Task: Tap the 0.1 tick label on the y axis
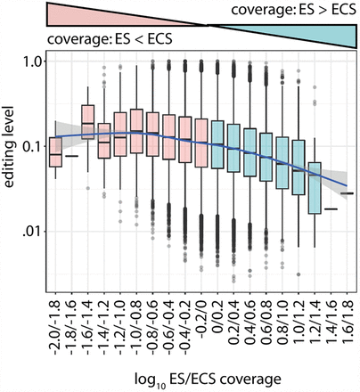coord(31,147)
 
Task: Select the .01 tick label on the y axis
coord(31,232)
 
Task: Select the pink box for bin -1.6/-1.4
coord(88,123)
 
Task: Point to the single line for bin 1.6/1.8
coord(348,192)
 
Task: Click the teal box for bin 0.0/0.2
coord(218,143)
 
